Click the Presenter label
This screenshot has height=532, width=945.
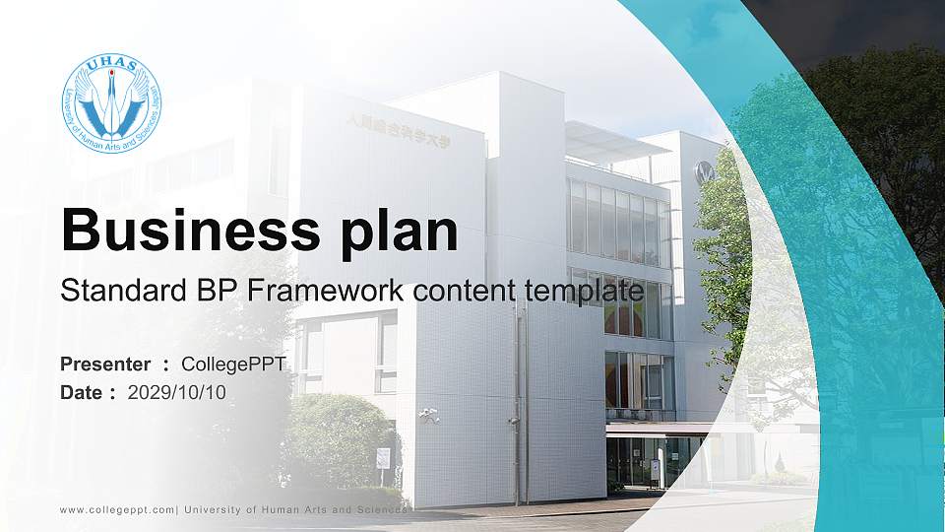(105, 365)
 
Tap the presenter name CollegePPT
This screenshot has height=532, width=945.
(234, 365)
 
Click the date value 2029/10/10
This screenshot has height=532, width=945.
(177, 392)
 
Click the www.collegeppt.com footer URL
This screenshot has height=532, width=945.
(117, 509)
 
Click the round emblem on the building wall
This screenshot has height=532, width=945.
(704, 172)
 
